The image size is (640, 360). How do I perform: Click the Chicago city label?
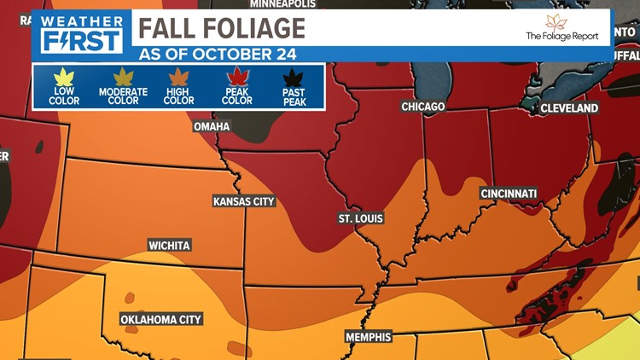(x=423, y=107)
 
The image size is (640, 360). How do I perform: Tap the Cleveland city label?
(x=568, y=108)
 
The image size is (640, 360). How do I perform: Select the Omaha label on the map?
(x=211, y=126)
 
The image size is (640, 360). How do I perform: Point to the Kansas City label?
(x=244, y=201)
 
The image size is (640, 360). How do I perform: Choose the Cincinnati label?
(x=510, y=194)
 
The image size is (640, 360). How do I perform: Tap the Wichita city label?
(x=169, y=245)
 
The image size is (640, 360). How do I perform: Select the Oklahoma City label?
(x=161, y=320)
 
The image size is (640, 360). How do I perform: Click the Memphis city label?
(x=368, y=337)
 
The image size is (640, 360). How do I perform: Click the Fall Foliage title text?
(x=221, y=27)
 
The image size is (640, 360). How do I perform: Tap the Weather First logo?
(x=81, y=32)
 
